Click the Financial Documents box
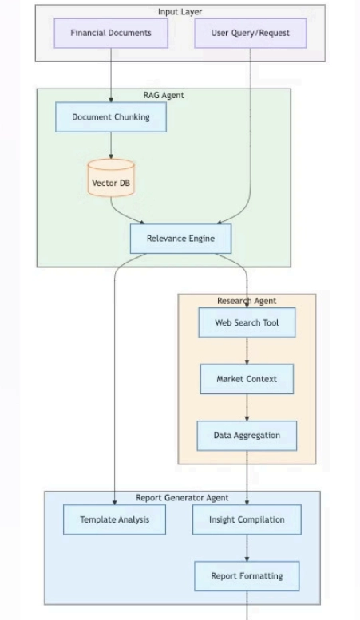click(x=111, y=34)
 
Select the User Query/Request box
click(x=251, y=34)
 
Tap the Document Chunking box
click(x=111, y=117)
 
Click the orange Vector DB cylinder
click(x=111, y=178)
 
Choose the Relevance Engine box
click(x=180, y=239)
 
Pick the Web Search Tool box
click(x=247, y=322)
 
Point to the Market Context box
click(x=247, y=379)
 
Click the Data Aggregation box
click(x=247, y=436)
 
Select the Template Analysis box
click(x=114, y=519)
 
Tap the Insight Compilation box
click(x=247, y=519)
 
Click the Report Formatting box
click(x=247, y=576)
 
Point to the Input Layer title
click(x=180, y=12)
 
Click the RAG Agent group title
click(x=164, y=95)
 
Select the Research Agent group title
click(x=247, y=301)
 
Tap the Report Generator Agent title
click(x=182, y=498)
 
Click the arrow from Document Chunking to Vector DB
click(x=111, y=145)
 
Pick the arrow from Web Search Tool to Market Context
click(x=247, y=351)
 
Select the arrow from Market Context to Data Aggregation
click(x=247, y=408)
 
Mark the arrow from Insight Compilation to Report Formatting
click(x=247, y=548)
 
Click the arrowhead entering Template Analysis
click(x=114, y=502)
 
